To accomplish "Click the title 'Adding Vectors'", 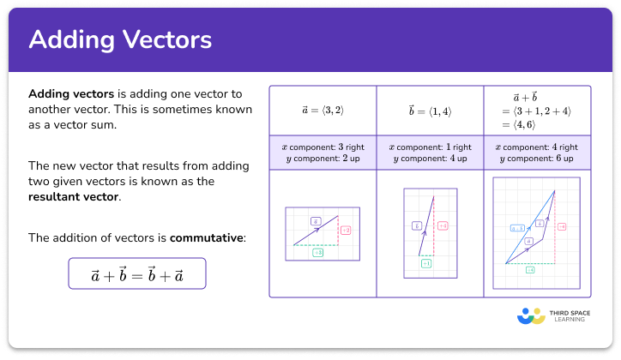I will (120, 39).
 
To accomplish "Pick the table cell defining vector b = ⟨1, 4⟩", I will (429, 111).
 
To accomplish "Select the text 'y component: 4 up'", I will (429, 159).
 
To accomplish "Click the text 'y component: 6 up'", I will (536, 159).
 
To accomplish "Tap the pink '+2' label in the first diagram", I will (346, 231).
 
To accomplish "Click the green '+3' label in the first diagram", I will (317, 252).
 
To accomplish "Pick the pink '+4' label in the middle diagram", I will (443, 225).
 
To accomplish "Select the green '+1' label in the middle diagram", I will (425, 264).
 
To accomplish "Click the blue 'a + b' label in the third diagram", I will (517, 228).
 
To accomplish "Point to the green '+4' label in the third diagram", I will (529, 270).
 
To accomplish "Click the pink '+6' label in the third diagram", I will (562, 226).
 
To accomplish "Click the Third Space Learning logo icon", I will (531, 316).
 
